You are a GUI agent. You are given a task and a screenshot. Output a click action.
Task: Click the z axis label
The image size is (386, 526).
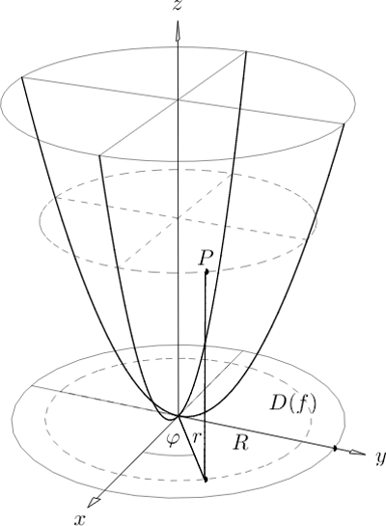coord(178,5)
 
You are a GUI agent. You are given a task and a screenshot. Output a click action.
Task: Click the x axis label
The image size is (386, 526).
coord(79,518)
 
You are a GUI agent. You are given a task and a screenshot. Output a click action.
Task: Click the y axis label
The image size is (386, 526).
coord(380,457)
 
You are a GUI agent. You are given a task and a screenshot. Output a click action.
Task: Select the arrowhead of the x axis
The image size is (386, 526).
coord(94,501)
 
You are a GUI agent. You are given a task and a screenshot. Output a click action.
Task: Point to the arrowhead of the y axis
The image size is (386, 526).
coord(357,453)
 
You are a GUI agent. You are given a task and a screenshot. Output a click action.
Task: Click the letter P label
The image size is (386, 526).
coord(206,259)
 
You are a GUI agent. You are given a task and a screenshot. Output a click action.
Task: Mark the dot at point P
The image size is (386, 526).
coord(207,272)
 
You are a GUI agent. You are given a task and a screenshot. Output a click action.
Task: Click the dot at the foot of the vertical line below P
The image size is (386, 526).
coord(206,480)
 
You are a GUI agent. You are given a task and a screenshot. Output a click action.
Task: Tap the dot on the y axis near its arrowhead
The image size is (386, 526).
coord(335,449)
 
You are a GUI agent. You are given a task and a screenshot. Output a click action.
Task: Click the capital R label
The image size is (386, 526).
coord(241,443)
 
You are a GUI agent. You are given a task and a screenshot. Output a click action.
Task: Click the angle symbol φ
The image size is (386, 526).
coord(173,438)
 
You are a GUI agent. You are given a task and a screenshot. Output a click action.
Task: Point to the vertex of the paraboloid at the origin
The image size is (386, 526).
coord(179,416)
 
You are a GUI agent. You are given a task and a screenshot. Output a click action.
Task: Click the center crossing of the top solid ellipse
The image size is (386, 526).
coord(178,99)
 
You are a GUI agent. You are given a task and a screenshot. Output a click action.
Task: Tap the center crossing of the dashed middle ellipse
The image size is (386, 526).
coord(178,219)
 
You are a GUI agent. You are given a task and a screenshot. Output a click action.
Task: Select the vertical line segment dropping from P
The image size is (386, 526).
coord(206,375)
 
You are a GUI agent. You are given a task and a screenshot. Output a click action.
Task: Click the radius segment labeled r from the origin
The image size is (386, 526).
coord(192,448)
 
